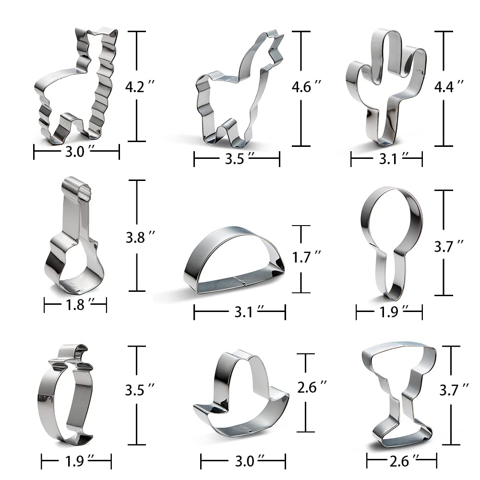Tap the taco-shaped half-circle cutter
pos(234,262)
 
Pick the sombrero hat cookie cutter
pos(240,394)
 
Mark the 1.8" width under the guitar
pos(75,304)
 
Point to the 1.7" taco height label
pos(306,257)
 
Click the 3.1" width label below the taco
pos(239,312)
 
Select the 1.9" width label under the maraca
pos(389,312)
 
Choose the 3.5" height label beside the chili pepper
pos(139,390)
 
